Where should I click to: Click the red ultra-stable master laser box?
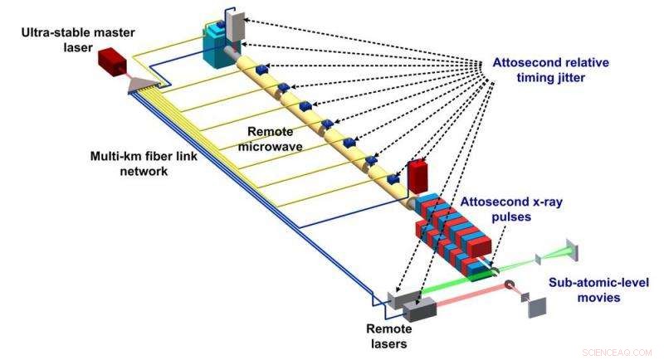click(x=110, y=61)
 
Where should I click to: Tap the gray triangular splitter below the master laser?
click(x=141, y=81)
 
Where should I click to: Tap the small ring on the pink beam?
click(x=507, y=289)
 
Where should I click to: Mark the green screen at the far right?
click(x=574, y=250)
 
